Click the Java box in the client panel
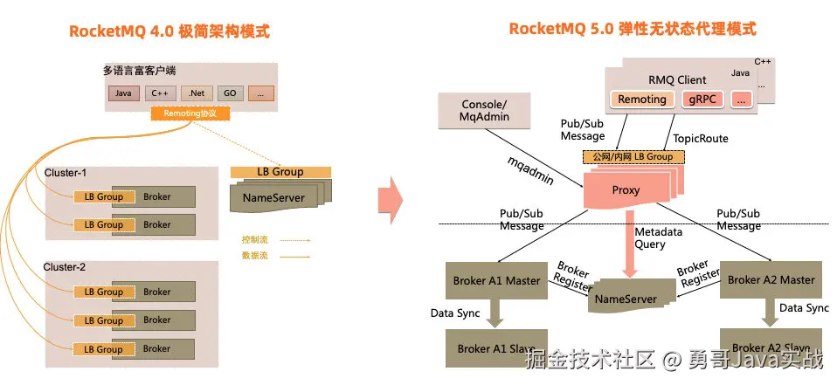[x=123, y=93]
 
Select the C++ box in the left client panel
[x=160, y=93]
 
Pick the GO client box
[x=228, y=93]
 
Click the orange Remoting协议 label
[x=190, y=113]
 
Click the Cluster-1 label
[x=66, y=173]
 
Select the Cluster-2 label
[x=66, y=267]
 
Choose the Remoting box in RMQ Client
[x=642, y=100]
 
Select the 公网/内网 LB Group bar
[x=633, y=156]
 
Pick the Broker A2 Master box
[x=771, y=280]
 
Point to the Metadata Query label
[x=659, y=238]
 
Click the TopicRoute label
[x=700, y=139]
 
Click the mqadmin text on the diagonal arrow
[x=531, y=171]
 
